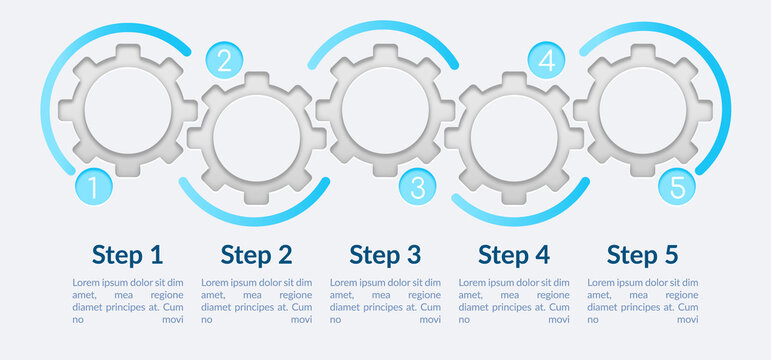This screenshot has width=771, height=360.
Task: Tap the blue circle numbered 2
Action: point(223,61)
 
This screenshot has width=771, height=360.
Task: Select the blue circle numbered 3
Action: point(417,186)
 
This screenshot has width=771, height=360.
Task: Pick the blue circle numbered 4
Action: point(545,61)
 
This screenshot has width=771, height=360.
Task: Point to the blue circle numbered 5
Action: point(676,186)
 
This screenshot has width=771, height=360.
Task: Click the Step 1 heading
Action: point(127,254)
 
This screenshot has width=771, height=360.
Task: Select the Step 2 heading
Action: point(256,254)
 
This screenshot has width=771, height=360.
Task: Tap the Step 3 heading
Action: point(385,254)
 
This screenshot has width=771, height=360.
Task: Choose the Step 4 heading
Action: point(514,254)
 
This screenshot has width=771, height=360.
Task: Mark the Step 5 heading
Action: point(643,254)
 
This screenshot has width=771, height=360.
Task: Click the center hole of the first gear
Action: point(127,109)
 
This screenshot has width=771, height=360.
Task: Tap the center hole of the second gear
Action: point(256,137)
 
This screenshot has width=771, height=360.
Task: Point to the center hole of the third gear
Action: point(385,109)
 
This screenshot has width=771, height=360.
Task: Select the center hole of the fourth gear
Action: point(514,137)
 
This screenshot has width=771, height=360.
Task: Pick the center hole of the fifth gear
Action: point(643,109)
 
